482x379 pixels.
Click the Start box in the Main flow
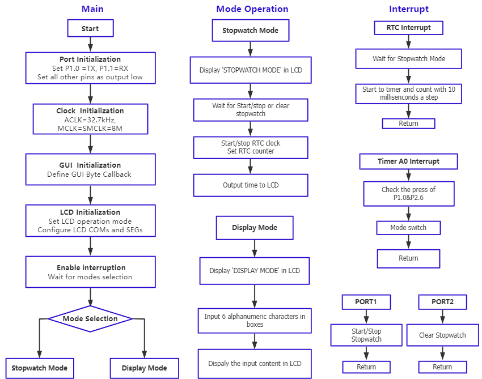pos(90,28)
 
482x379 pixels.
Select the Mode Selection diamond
pos(90,319)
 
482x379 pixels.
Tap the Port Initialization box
pos(90,68)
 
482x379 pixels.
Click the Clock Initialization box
pos(90,120)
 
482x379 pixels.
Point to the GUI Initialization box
pos(90,169)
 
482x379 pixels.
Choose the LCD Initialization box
pos(90,221)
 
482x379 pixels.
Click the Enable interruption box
pos(90,272)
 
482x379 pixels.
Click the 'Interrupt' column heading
pos(408,9)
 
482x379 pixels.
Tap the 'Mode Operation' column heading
pos(252,9)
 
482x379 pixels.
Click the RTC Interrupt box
pos(408,28)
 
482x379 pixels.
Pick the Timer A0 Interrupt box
pos(408,161)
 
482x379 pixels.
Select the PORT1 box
pos(366,302)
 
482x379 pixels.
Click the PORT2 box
pos(442,302)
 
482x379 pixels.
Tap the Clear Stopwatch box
pos(442,335)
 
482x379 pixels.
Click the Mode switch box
pos(408,228)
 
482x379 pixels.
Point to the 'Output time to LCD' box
pos(251,185)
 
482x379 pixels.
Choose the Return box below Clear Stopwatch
pos(442,367)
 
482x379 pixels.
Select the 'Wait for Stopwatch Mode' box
pos(408,59)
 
